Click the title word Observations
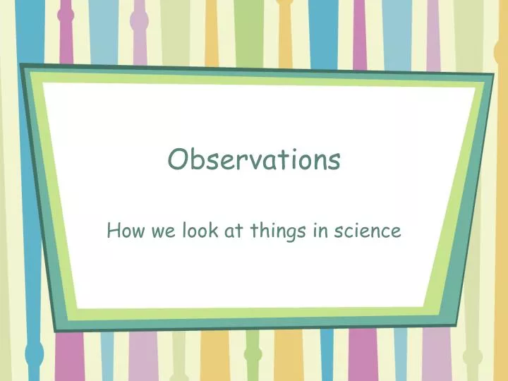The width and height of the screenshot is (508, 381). tap(254, 160)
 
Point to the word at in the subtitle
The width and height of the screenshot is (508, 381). tap(231, 231)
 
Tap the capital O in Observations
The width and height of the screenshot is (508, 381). tap(176, 160)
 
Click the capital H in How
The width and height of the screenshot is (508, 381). tap(113, 230)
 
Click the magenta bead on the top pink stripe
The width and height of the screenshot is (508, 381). tap(66, 15)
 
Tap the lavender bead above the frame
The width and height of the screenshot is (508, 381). tap(139, 21)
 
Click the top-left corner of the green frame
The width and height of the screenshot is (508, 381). tap(20, 66)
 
